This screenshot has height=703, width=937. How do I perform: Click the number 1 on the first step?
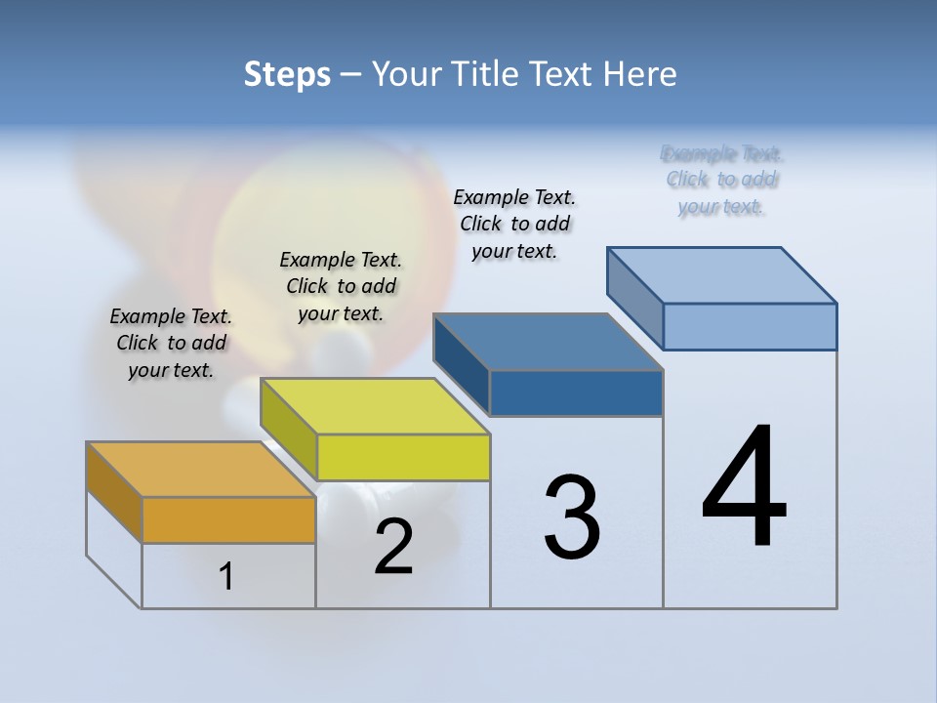pyautogui.click(x=226, y=577)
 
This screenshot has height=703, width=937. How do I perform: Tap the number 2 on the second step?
pyautogui.click(x=393, y=547)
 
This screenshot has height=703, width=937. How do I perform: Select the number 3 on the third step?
pyautogui.click(x=572, y=517)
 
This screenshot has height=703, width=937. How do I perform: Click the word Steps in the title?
pyautogui.click(x=287, y=74)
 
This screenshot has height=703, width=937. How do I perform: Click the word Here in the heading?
pyautogui.click(x=639, y=74)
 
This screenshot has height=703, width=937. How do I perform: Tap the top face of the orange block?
pyautogui.click(x=200, y=470)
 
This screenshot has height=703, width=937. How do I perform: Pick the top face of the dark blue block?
pyautogui.click(x=548, y=342)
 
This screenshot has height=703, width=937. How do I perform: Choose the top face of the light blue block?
pyautogui.click(x=722, y=275)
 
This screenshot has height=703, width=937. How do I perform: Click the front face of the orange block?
pyautogui.click(x=228, y=519)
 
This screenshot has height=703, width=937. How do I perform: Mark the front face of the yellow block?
pyautogui.click(x=403, y=457)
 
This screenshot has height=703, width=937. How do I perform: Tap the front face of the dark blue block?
pyautogui.click(x=576, y=393)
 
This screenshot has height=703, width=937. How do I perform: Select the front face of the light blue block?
pyautogui.click(x=750, y=326)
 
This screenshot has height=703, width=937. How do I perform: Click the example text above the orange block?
pyautogui.click(x=171, y=343)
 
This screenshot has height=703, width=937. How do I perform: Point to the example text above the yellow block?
pyautogui.click(x=341, y=286)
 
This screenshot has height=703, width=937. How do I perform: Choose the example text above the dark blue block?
pyautogui.click(x=514, y=224)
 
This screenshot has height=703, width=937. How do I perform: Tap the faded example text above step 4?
pyautogui.click(x=722, y=180)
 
